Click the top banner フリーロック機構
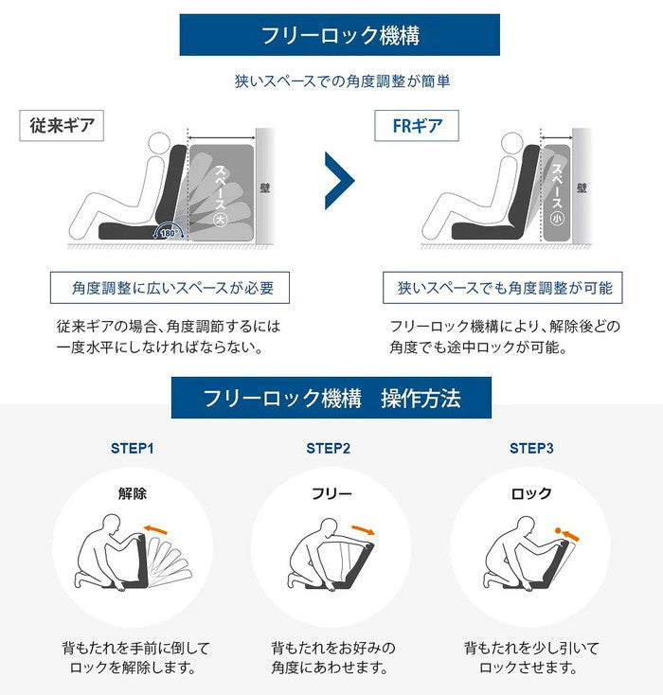click(340, 36)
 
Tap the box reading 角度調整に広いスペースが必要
click(169, 288)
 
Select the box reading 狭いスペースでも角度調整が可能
click(504, 288)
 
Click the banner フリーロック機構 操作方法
click(331, 398)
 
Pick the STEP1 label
click(132, 448)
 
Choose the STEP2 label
click(329, 448)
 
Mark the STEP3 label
click(531, 448)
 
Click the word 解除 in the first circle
click(133, 493)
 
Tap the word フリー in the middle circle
click(331, 493)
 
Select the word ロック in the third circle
click(531, 493)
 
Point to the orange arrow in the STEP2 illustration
click(362, 528)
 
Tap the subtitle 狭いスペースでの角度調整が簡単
click(342, 81)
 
